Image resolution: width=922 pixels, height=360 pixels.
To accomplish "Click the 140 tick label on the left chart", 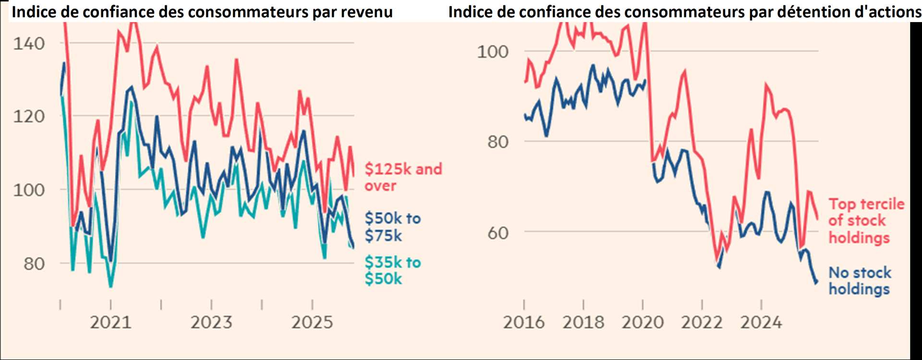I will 29,44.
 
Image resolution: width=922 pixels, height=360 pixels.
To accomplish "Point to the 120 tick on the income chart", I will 29,116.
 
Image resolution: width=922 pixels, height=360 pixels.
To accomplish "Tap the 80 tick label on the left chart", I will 34,264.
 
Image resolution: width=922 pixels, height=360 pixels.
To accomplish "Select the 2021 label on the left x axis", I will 111,322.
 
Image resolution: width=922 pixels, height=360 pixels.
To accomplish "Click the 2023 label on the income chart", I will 211,322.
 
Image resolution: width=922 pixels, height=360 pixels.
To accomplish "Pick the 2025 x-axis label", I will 312,322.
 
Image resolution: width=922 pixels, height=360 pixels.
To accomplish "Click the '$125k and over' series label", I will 402,177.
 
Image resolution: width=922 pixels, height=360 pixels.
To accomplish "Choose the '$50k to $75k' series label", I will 392,227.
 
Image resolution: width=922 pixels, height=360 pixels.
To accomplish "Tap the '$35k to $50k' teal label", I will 392,270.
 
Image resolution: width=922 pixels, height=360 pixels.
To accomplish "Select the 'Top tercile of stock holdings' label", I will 866,221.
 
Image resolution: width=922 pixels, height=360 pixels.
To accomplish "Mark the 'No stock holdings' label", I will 860,281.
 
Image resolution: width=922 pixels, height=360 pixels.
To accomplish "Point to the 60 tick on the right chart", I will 498,233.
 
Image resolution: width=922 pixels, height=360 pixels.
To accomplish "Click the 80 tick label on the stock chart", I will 498,142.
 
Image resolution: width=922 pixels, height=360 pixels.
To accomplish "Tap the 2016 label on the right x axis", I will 524,322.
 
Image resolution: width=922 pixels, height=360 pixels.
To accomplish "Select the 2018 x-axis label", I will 583,322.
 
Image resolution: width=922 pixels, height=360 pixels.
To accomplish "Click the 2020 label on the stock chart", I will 643,322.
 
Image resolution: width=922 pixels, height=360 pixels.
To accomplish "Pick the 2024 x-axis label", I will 761,322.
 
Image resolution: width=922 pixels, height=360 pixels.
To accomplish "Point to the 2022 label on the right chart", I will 702,322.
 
